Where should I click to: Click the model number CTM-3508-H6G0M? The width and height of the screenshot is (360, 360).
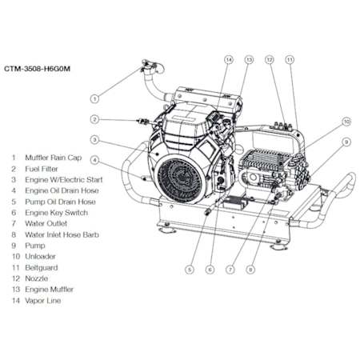point(37,69)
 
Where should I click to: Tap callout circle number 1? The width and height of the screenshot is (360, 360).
point(94,99)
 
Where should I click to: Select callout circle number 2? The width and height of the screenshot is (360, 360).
point(94,119)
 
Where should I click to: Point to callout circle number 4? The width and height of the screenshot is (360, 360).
point(94,160)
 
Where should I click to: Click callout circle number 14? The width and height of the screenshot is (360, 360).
point(229,60)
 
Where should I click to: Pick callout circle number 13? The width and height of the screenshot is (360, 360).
point(249,60)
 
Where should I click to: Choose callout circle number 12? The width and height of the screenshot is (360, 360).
point(270,60)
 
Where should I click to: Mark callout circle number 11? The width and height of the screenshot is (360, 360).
point(290,60)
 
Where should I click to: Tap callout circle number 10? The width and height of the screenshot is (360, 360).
point(346,122)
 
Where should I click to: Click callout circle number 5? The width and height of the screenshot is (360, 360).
point(190,270)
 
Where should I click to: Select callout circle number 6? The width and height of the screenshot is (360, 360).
point(210,270)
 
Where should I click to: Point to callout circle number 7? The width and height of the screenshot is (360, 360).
point(230,270)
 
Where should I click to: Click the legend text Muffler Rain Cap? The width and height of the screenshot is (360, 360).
point(54,158)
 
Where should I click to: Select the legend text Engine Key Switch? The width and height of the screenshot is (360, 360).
point(57,213)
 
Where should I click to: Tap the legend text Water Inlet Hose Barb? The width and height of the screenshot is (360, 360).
point(62,234)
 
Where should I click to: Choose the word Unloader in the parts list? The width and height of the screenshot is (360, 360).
point(40,257)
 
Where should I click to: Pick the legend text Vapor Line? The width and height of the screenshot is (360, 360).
point(43,301)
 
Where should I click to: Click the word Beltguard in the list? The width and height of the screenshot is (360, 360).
point(42,267)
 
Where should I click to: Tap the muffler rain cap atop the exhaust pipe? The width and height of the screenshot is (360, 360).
point(151,66)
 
